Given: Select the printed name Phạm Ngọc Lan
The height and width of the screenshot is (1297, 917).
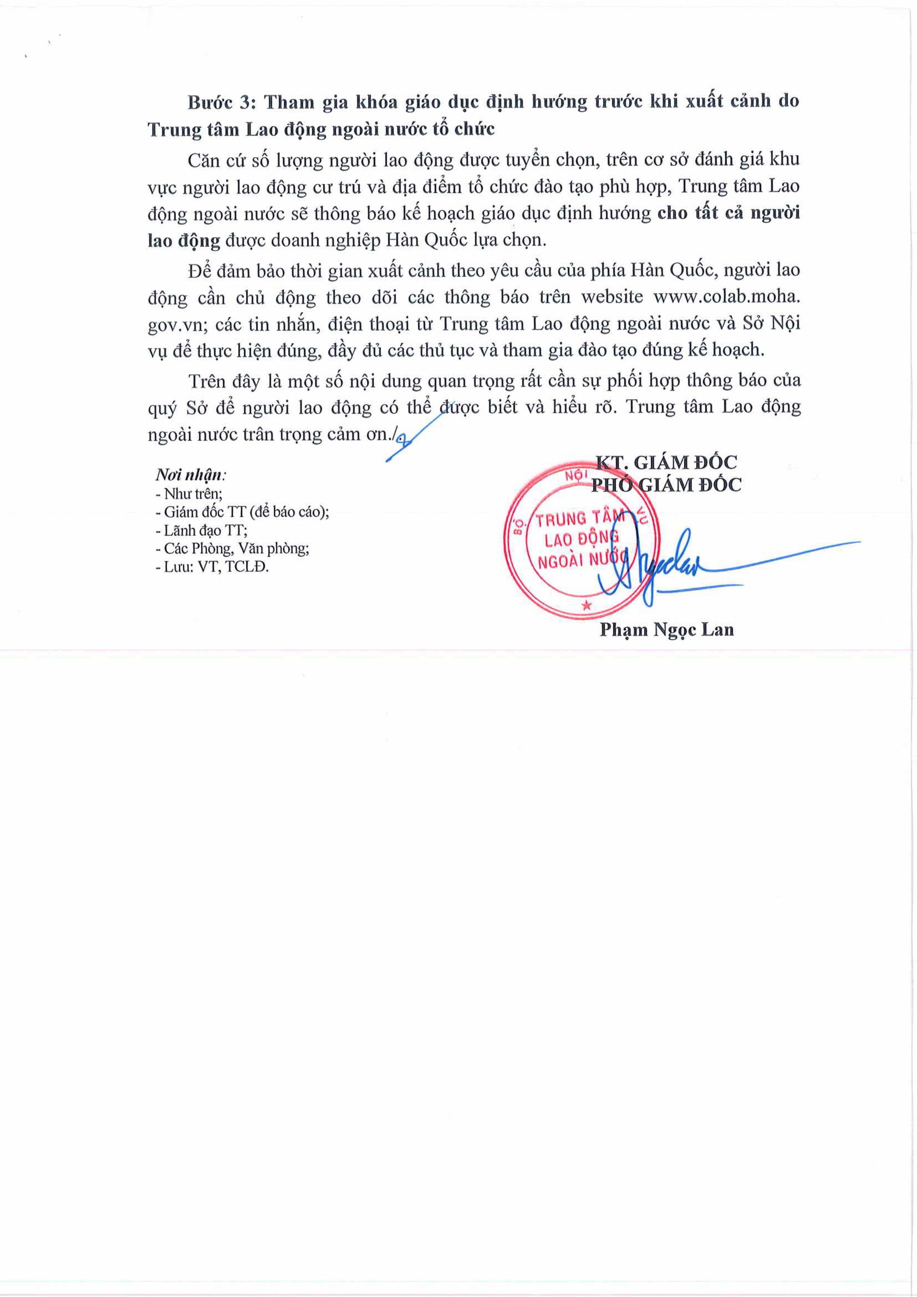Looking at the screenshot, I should pos(666,629).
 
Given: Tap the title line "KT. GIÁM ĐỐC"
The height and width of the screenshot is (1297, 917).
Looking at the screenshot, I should pos(666,462).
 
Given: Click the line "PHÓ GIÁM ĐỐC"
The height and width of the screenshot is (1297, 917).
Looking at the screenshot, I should pos(666,485).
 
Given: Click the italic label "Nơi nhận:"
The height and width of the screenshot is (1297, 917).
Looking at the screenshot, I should pos(191,475).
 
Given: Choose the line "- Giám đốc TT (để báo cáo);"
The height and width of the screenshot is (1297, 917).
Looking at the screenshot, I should pos(242,512).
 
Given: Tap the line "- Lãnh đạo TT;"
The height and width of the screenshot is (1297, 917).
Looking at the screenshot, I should pos(201,530).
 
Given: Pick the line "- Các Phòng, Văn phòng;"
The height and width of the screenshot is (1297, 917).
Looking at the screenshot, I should pos(232,549).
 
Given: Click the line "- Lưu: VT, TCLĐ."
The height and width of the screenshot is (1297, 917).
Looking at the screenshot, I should pos(212,567).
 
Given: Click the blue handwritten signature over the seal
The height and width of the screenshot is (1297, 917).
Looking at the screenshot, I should pos(666,565).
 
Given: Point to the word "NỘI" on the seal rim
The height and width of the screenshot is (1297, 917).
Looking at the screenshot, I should pos(576,476).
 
